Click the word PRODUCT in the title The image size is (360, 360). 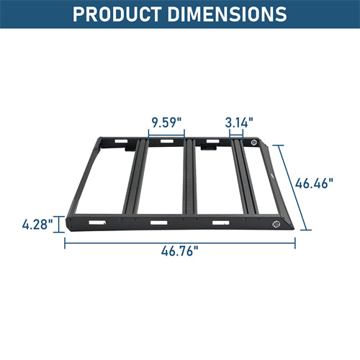(122, 14)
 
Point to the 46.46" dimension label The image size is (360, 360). (315, 184)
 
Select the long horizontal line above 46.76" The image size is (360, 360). (180, 240)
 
